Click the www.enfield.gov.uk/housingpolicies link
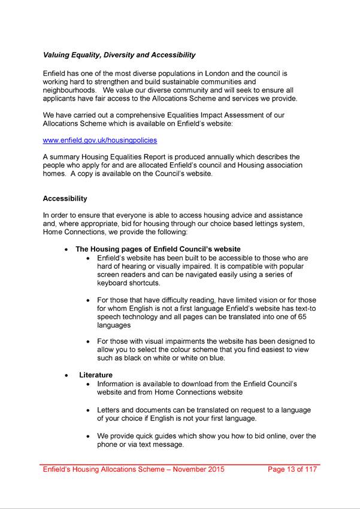point(99,141)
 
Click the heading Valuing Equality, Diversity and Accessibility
point(119,55)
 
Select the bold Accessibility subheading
point(65,199)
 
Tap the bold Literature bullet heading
point(96,375)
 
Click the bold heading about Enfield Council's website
point(158,249)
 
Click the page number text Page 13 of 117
point(292,469)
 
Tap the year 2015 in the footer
point(215,469)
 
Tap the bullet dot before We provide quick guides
point(89,437)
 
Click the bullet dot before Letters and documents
point(89,410)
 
